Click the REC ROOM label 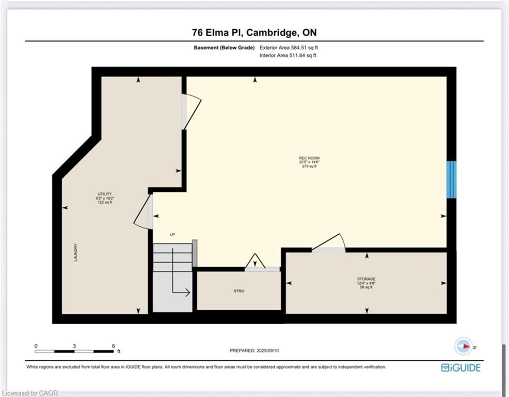(x=309, y=158)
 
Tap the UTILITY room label (x=104, y=194)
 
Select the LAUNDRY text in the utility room (x=76, y=252)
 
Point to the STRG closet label (x=239, y=291)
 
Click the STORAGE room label (x=366, y=279)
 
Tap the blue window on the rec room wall (x=451, y=179)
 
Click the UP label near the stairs (x=172, y=235)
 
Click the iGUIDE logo (x=460, y=368)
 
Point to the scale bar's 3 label (x=74, y=346)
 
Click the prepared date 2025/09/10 (x=267, y=350)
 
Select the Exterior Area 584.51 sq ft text (x=289, y=48)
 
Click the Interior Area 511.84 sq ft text (x=288, y=55)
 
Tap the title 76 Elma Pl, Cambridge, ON (x=254, y=33)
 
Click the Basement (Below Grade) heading (x=224, y=48)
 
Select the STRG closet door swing (x=255, y=261)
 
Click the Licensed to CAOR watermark (x=29, y=393)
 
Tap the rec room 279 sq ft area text (x=309, y=166)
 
